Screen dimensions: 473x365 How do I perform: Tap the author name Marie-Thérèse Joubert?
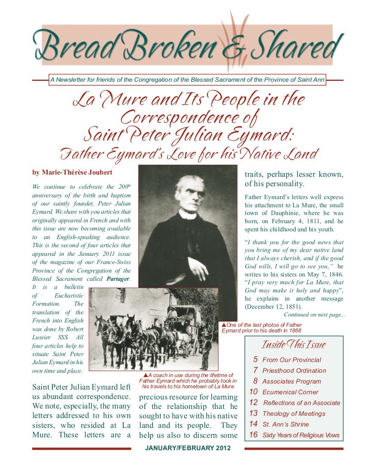(x=72, y=172)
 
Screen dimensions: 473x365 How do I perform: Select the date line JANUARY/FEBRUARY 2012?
(x=188, y=448)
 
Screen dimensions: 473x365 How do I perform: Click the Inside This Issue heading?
(x=294, y=345)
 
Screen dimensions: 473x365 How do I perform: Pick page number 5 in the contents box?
(x=255, y=359)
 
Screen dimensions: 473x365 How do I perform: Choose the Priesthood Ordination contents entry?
(x=294, y=371)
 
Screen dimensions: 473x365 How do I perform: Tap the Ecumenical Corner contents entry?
(x=290, y=392)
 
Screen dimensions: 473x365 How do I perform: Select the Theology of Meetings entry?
(x=294, y=414)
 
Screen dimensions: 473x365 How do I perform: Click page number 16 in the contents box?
(x=253, y=435)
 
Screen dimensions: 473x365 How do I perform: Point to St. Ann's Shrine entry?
(x=286, y=424)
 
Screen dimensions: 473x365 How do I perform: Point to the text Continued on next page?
(x=314, y=315)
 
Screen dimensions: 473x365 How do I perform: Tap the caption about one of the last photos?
(x=262, y=328)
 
